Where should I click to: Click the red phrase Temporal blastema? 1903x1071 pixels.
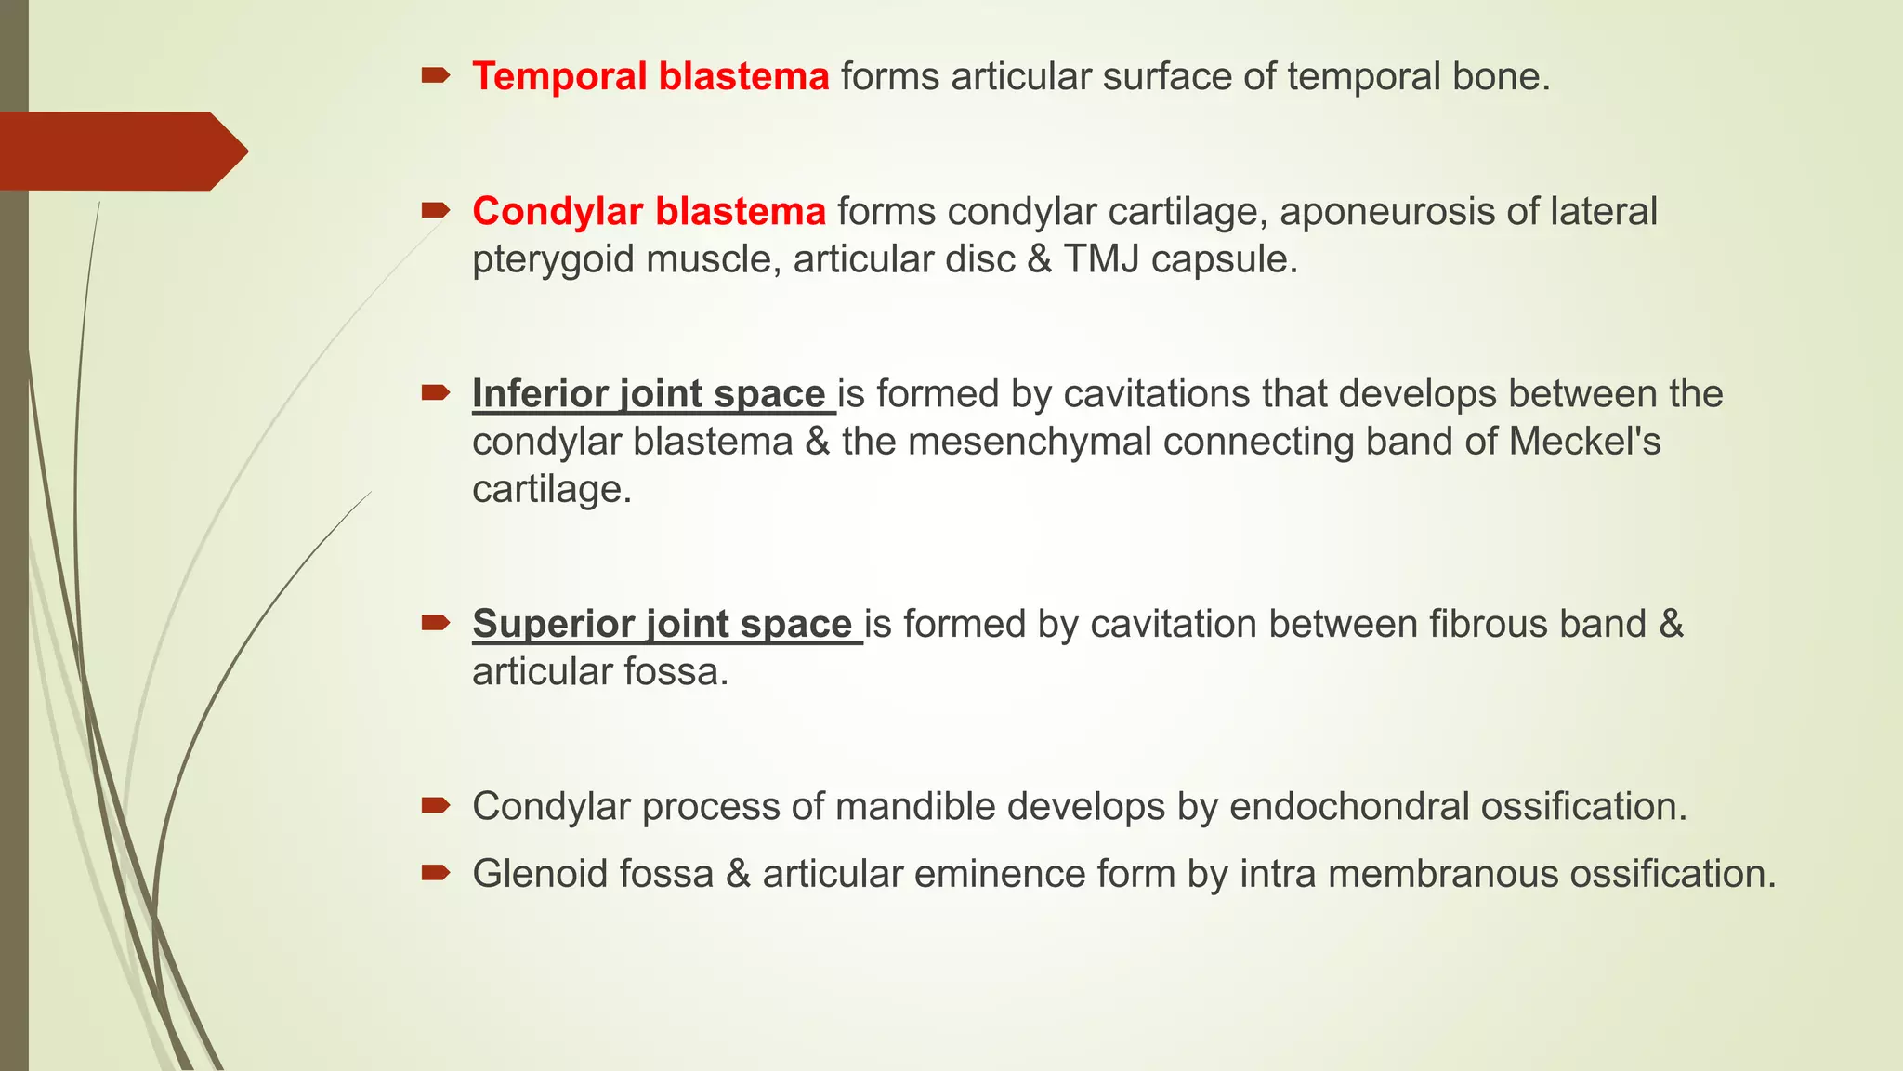tap(650, 76)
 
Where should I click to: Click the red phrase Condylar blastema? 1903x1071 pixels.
tap(649, 212)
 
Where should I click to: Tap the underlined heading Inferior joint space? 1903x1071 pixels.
tap(649, 394)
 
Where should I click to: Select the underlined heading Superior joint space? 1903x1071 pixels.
tap(662, 624)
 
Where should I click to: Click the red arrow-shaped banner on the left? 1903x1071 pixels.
tap(121, 151)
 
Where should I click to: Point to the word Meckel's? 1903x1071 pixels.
tap(1584, 442)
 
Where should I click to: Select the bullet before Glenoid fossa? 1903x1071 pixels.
tap(435, 872)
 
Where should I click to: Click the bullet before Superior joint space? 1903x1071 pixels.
tap(435, 622)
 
